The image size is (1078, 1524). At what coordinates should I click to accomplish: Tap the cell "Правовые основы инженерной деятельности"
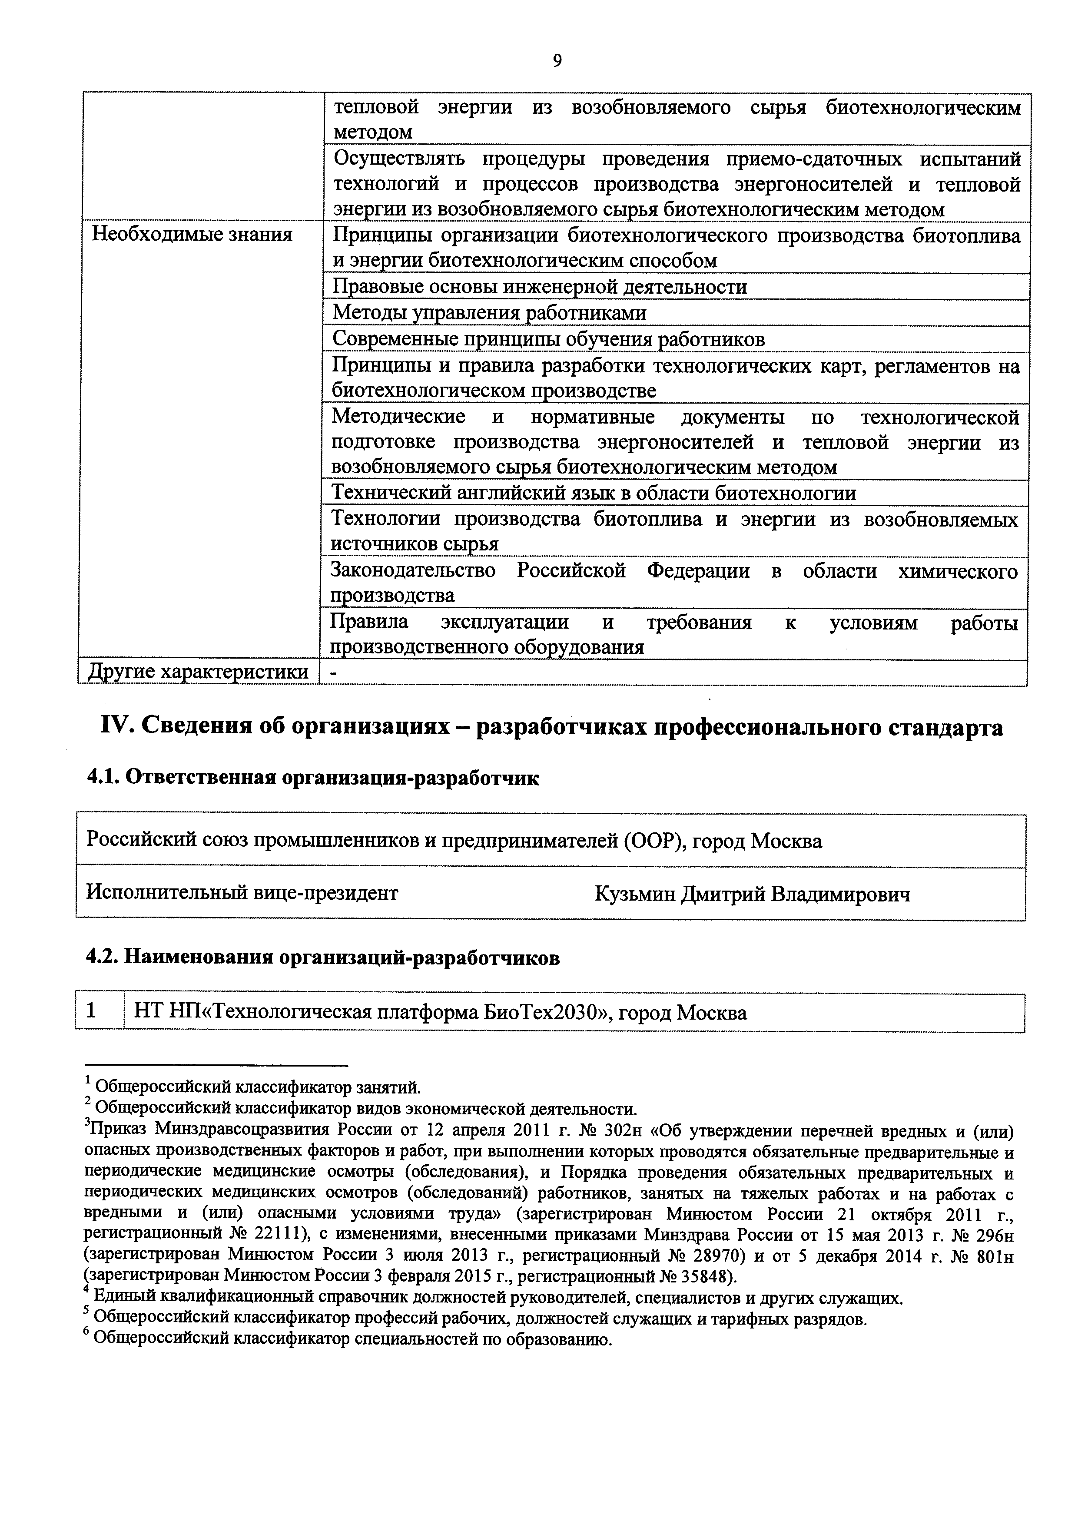tap(539, 287)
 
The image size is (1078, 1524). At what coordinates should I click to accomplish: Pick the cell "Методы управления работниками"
tap(488, 313)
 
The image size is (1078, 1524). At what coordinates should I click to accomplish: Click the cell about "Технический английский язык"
tap(594, 493)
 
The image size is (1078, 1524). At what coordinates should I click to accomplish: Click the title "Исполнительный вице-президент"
tap(242, 893)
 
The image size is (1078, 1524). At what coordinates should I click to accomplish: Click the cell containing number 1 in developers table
tap(92, 1011)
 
